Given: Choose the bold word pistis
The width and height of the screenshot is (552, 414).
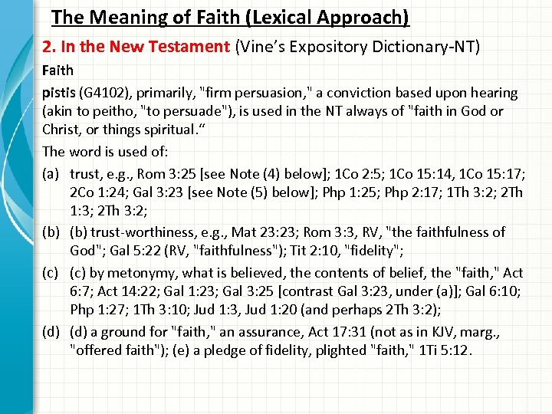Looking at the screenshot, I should coord(58,93).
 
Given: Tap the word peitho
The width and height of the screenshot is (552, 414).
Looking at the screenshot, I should coord(108,112).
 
